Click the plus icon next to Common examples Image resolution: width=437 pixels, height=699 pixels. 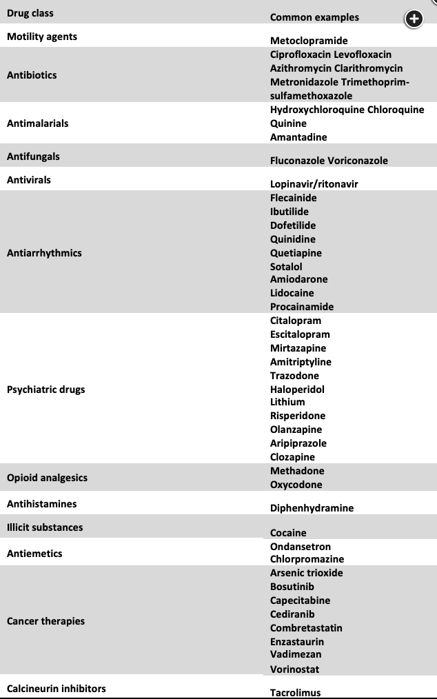pyautogui.click(x=413, y=19)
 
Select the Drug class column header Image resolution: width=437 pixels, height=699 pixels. pyautogui.click(x=30, y=13)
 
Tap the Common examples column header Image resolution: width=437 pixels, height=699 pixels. pyautogui.click(x=314, y=17)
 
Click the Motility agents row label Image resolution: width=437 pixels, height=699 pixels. pyautogui.click(x=42, y=37)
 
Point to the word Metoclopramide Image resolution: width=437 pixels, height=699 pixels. pyautogui.click(x=309, y=41)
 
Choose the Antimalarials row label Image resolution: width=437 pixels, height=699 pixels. pyautogui.click(x=38, y=123)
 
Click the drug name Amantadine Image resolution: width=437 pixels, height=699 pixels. pyautogui.click(x=298, y=137)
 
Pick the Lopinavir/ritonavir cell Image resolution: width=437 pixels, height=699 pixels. pyautogui.click(x=314, y=184)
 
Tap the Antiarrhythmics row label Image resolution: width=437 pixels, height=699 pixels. pyautogui.click(x=44, y=253)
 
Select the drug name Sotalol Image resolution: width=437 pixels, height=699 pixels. pyautogui.click(x=286, y=266)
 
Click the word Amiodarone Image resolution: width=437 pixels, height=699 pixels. pyautogui.click(x=299, y=279)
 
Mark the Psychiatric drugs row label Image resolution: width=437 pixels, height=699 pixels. pyautogui.click(x=46, y=389)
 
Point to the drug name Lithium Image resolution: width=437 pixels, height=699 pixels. pyautogui.click(x=287, y=402)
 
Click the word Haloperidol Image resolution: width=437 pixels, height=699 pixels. pyautogui.click(x=297, y=389)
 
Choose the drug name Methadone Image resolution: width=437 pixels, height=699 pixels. pyautogui.click(x=297, y=471)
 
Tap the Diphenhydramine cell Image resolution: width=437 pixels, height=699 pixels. pyautogui.click(x=312, y=508)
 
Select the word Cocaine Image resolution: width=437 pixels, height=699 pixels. pyautogui.click(x=288, y=533)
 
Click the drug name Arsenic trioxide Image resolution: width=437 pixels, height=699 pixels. pyautogui.click(x=306, y=573)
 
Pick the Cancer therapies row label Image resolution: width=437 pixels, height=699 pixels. pyautogui.click(x=45, y=621)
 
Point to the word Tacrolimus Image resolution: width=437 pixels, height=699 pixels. pyautogui.click(x=295, y=693)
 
